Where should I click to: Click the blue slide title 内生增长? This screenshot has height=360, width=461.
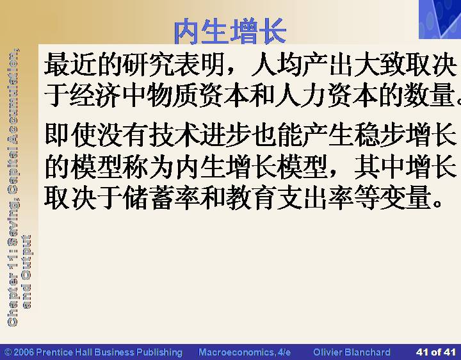230,31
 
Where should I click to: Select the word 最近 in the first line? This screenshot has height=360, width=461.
70,64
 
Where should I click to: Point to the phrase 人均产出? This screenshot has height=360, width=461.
302,64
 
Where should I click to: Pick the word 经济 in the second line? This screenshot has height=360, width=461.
95,95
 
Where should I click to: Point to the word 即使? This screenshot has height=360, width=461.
70,135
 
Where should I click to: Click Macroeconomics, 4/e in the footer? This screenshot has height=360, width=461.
245,352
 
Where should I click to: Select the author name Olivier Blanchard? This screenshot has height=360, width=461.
352,352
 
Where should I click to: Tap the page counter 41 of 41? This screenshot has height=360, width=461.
436,352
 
